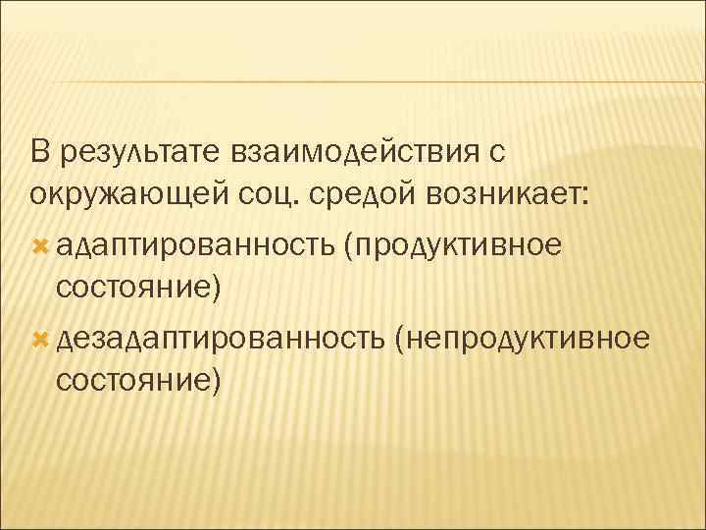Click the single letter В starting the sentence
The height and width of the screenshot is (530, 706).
pos(38,152)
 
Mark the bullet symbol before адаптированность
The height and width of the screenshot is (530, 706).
pos(40,244)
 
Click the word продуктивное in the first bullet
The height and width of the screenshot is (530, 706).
pos(457,245)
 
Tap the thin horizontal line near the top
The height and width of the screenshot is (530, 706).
pos(353,81)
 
